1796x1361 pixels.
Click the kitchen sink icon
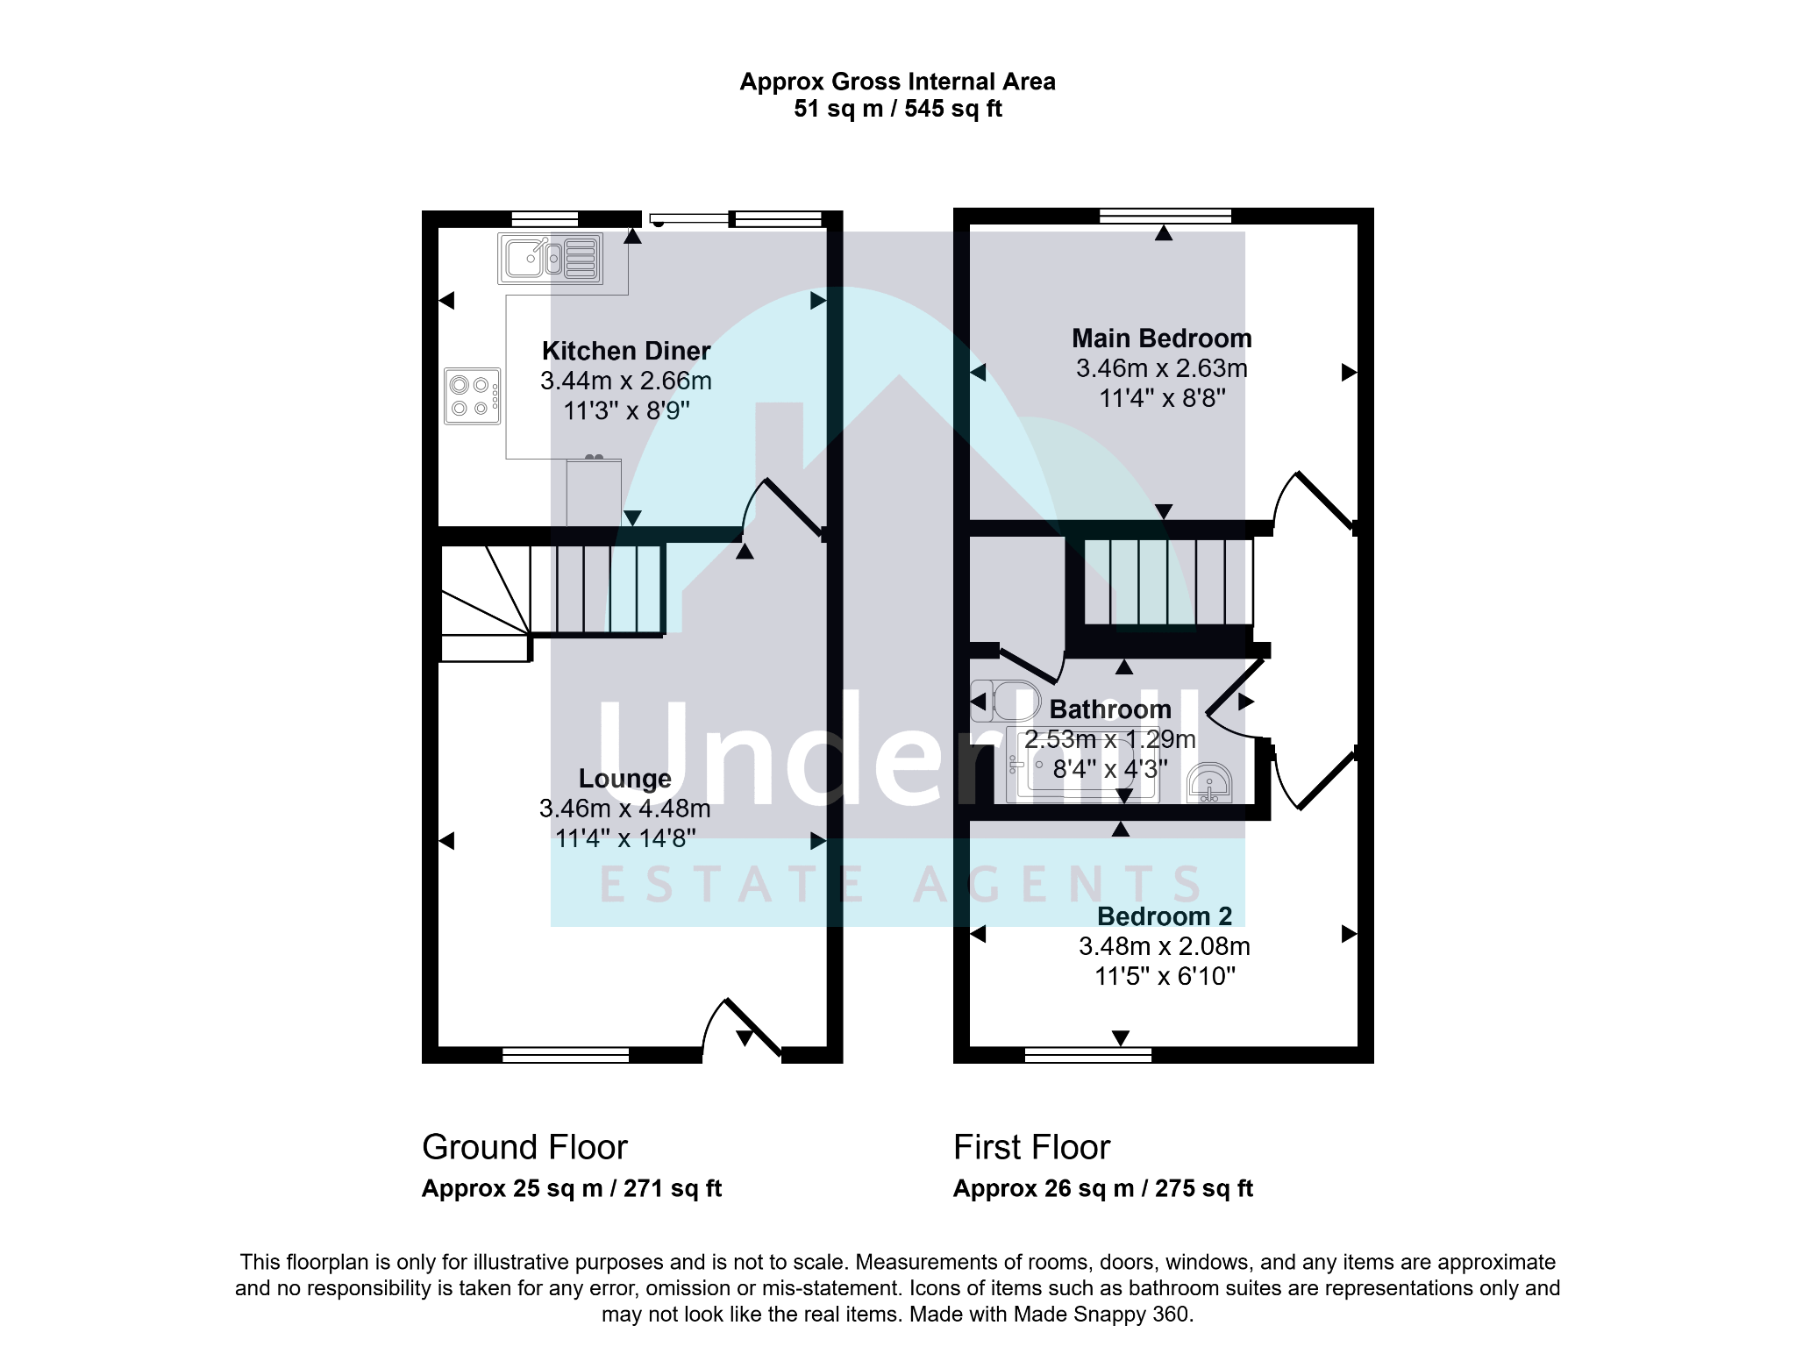(x=550, y=258)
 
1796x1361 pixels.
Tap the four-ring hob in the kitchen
(x=472, y=396)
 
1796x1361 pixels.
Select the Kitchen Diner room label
(x=626, y=351)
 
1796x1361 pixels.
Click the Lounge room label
(x=624, y=779)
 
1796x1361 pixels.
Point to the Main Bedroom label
(x=1162, y=338)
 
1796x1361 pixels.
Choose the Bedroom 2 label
(x=1165, y=916)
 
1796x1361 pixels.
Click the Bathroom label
(x=1110, y=709)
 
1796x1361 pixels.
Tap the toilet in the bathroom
(x=1005, y=700)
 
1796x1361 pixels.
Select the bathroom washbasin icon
(x=1209, y=783)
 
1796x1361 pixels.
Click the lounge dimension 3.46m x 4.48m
(x=624, y=809)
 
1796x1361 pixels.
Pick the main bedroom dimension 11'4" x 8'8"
(x=1162, y=398)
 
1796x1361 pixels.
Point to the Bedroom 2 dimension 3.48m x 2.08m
(x=1165, y=946)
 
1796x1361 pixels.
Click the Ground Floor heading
(x=524, y=1147)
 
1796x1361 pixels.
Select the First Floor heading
(x=1032, y=1147)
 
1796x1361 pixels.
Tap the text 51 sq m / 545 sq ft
(x=898, y=109)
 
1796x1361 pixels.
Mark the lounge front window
(x=566, y=1055)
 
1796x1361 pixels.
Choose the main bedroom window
(x=1165, y=216)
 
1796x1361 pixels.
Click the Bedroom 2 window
(x=1088, y=1055)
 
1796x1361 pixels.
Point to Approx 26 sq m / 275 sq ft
(x=1103, y=1189)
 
